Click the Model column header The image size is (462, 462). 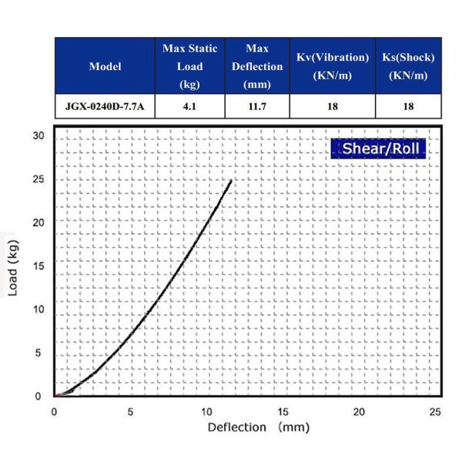[105, 66]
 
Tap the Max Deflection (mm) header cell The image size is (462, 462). [257, 66]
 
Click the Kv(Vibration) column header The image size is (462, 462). [333, 66]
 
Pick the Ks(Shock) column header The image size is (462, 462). [408, 66]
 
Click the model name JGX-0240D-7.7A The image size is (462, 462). [105, 106]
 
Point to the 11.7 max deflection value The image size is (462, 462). [257, 106]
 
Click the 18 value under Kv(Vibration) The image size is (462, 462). [333, 106]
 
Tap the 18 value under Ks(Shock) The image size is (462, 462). [408, 106]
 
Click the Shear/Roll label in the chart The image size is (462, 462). [378, 148]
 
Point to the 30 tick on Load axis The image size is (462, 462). [39, 136]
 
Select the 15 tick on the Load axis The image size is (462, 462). [39, 266]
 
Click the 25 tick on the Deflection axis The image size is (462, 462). [436, 411]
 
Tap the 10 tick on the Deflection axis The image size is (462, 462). [206, 411]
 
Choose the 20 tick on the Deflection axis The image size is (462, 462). [360, 411]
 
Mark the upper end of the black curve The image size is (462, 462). [231, 180]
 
